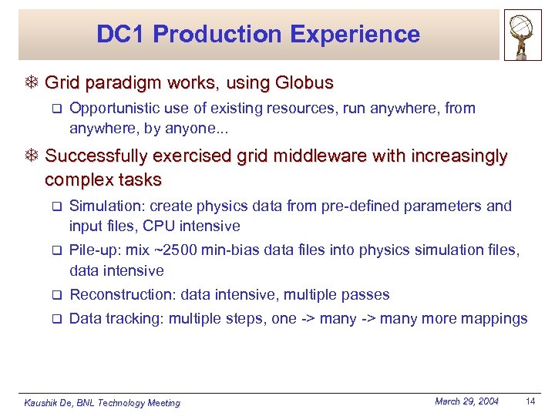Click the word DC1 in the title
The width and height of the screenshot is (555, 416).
(119, 35)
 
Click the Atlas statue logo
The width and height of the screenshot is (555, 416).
(523, 35)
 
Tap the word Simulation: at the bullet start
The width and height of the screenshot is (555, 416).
(106, 206)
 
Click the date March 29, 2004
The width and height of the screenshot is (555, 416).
(466, 401)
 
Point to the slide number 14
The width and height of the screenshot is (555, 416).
(530, 401)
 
